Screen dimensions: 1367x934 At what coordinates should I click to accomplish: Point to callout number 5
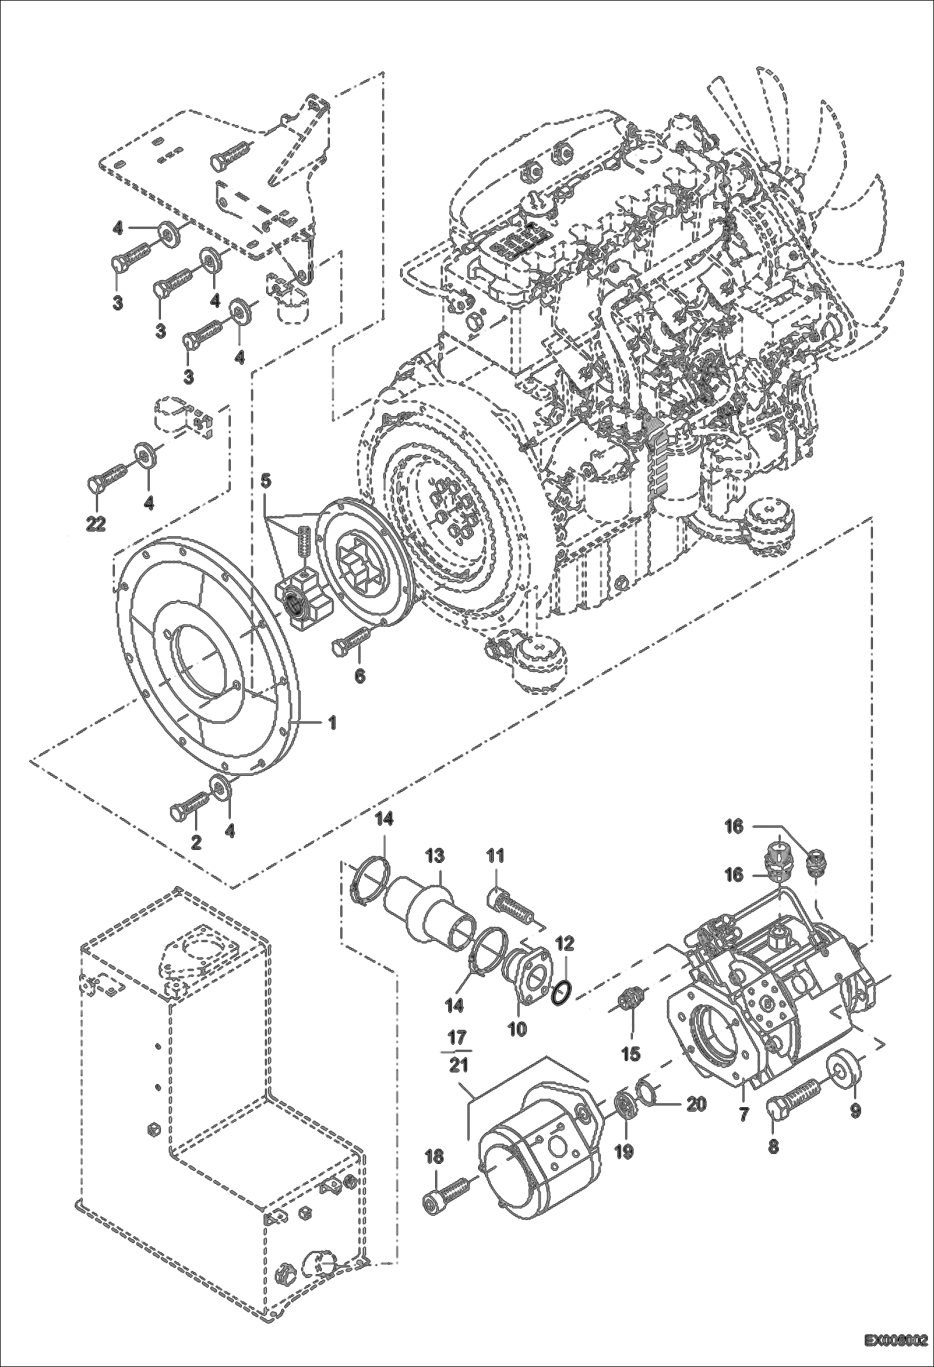pos(266,480)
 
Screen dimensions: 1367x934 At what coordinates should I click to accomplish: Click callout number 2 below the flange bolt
pos(196,843)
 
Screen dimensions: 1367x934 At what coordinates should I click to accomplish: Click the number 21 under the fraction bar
pos(458,1065)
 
